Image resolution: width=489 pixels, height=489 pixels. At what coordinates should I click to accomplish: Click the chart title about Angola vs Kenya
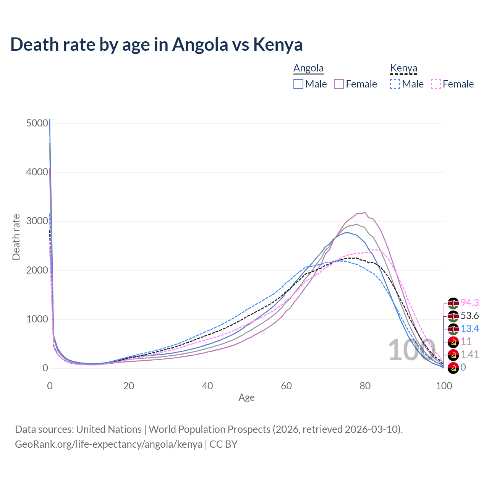pos(156,45)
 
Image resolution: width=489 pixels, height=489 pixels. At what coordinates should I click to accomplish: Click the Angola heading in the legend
pos(308,68)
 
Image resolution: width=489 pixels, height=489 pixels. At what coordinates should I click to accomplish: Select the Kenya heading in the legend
pos(403,68)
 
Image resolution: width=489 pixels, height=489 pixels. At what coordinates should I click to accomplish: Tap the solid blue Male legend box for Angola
pos(298,84)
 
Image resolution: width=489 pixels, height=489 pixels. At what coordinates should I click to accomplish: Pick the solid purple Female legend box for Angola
pos(339,84)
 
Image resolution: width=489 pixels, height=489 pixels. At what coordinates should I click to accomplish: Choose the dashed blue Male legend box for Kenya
pos(395,84)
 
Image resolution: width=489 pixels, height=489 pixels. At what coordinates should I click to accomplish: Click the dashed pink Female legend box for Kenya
pos(436,84)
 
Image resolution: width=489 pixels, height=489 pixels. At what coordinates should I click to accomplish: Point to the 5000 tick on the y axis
pos(37,123)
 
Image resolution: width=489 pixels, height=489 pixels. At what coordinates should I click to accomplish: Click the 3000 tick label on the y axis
pos(37,221)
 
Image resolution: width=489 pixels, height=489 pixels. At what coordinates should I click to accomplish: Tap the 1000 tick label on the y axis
pos(37,319)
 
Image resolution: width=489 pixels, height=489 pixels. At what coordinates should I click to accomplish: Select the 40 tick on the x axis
pos(207,386)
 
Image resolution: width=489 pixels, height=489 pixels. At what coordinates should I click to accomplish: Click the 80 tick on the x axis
pos(365,386)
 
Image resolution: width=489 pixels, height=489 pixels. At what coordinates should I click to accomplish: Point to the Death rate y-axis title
pos(16,237)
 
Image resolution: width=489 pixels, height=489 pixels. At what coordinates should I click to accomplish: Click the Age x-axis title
pos(246,398)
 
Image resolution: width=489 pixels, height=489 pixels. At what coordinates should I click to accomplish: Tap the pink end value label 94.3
pos(470,303)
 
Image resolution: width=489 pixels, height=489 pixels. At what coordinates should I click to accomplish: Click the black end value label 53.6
pos(470,316)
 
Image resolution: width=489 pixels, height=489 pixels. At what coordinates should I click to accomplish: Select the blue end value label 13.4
pos(470,329)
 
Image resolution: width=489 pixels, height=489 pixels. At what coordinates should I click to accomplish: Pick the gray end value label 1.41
pos(470,354)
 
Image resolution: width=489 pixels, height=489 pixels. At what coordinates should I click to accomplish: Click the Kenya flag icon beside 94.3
pos(453,303)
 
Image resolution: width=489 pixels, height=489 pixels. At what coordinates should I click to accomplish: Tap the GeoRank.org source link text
pos(108,444)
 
